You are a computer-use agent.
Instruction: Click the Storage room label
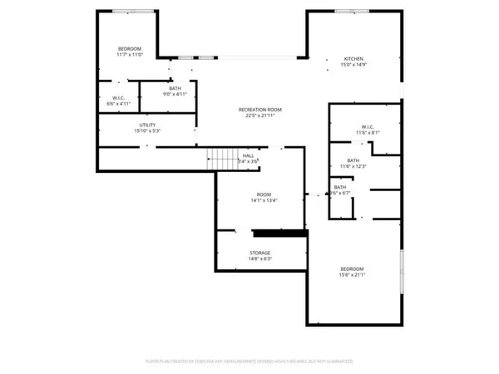click(x=259, y=253)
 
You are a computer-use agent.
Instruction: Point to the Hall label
click(x=249, y=155)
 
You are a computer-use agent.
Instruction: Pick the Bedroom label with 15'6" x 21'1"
click(x=352, y=269)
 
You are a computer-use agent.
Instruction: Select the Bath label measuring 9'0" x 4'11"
click(x=175, y=88)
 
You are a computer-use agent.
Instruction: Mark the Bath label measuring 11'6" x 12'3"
click(x=353, y=160)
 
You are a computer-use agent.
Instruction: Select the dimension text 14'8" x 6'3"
click(x=259, y=258)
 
